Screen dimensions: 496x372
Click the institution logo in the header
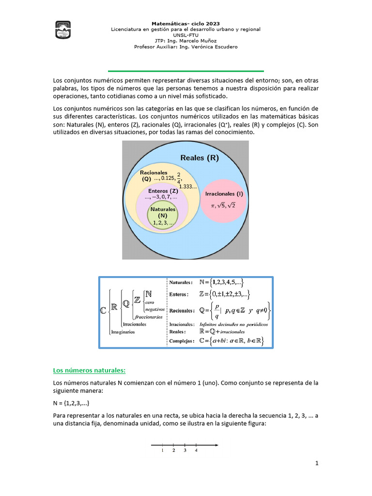pyautogui.click(x=63, y=30)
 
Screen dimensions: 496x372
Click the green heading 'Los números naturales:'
pyautogui.click(x=89, y=371)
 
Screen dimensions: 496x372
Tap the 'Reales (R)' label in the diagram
pyautogui.click(x=199, y=157)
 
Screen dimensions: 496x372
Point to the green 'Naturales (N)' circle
pyautogui.click(x=163, y=216)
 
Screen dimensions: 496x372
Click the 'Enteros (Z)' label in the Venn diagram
pyautogui.click(x=163, y=191)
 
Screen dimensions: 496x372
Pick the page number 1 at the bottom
pyautogui.click(x=317, y=464)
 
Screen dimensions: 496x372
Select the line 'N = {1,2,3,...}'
pyautogui.click(x=71, y=403)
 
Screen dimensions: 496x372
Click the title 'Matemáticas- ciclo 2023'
pyautogui.click(x=186, y=23)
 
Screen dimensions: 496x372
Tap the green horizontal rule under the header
pyautogui.click(x=186, y=71)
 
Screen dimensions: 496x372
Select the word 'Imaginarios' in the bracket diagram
pyautogui.click(x=123, y=332)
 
